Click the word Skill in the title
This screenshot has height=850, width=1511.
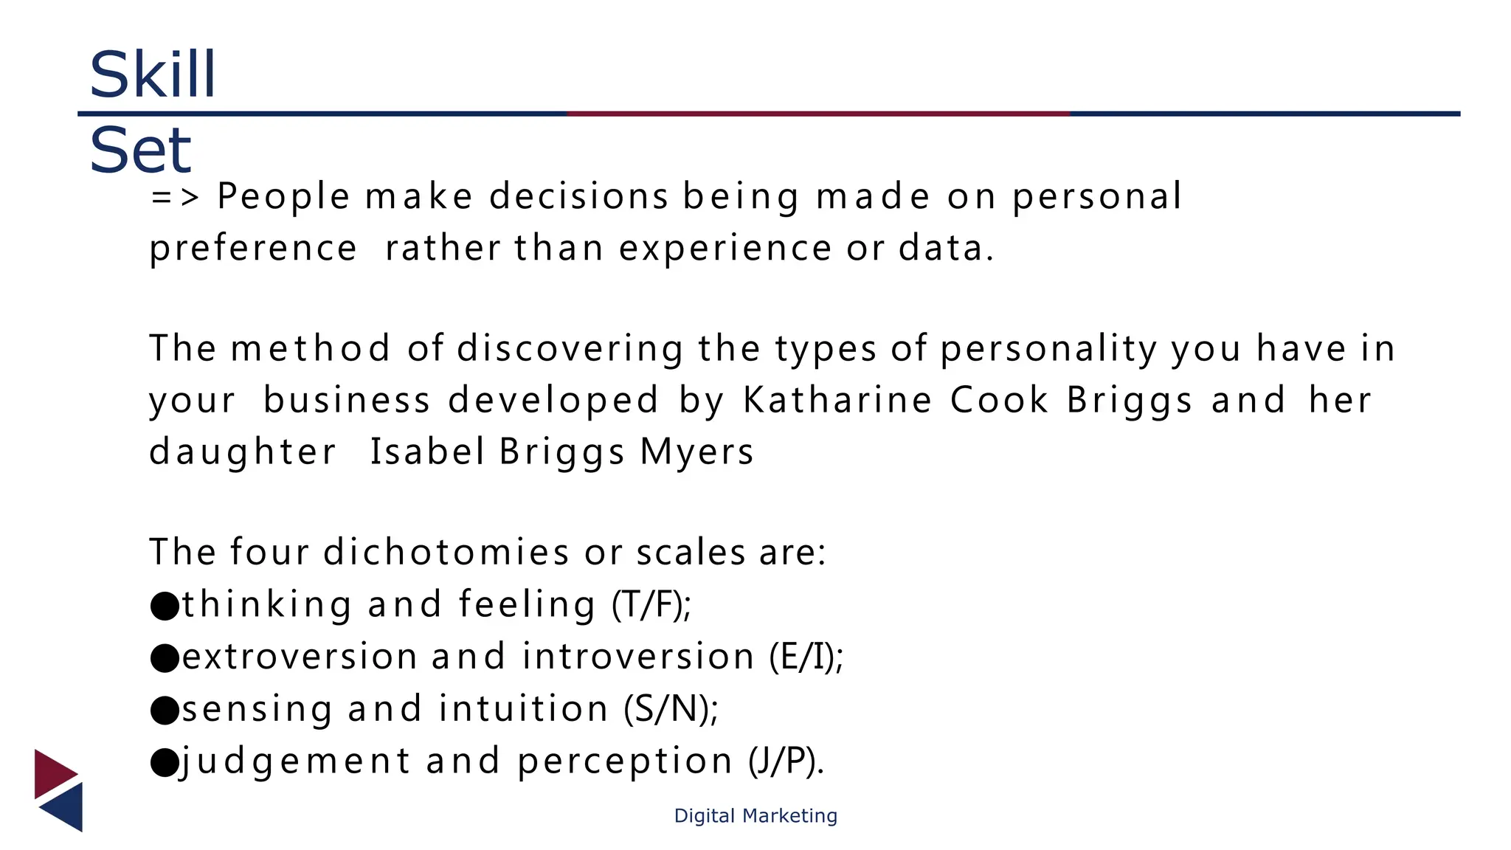pyautogui.click(x=152, y=75)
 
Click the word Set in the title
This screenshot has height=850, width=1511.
pyautogui.click(x=140, y=151)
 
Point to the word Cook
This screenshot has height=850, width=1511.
pyautogui.click(x=999, y=401)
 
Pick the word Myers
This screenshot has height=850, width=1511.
pyautogui.click(x=696, y=452)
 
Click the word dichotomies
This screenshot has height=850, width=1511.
pyautogui.click(x=446, y=552)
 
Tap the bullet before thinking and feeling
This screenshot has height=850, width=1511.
pyautogui.click(x=165, y=606)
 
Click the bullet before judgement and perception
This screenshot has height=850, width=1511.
pyautogui.click(x=165, y=763)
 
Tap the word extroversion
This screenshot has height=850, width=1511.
pyautogui.click(x=300, y=657)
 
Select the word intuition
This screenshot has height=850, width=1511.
pyautogui.click(x=523, y=709)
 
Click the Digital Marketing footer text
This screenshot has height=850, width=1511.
pyautogui.click(x=755, y=816)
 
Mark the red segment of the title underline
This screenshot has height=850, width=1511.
pyautogui.click(x=819, y=114)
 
